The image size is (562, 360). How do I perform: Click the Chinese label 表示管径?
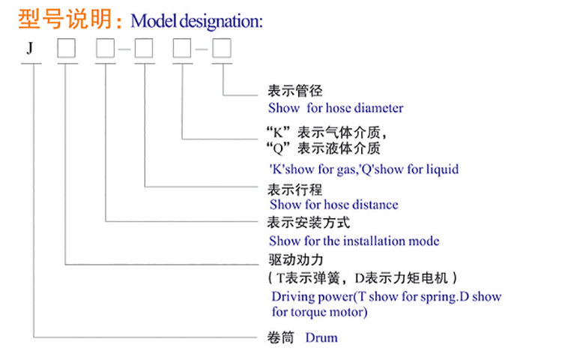pos(295,91)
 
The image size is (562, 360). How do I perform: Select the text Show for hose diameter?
pos(336,108)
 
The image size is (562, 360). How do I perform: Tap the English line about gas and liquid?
pos(363,169)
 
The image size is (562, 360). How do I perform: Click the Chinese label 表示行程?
pos(295,188)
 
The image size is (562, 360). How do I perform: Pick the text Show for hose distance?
pos(333,204)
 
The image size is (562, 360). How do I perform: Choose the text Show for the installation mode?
pos(354,241)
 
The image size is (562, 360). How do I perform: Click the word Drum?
pos(321,337)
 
